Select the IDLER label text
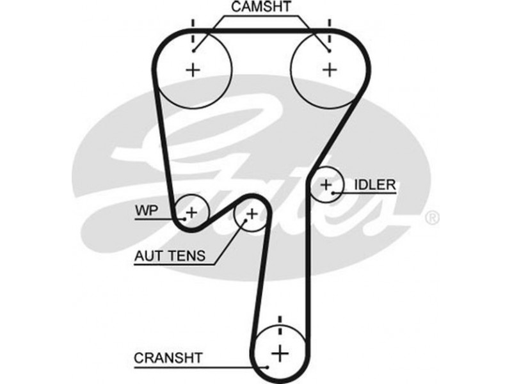pyautogui.click(x=374, y=186)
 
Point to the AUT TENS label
pyautogui.click(x=170, y=257)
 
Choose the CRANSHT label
pyautogui.click(x=168, y=358)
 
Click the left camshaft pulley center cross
pyautogui.click(x=193, y=70)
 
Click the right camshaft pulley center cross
pyautogui.click(x=330, y=70)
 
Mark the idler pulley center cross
pyautogui.click(x=327, y=186)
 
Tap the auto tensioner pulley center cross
pyautogui.click(x=251, y=214)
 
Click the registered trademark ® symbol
pyautogui.click(x=433, y=218)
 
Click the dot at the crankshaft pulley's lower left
pyautogui.click(x=267, y=367)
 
